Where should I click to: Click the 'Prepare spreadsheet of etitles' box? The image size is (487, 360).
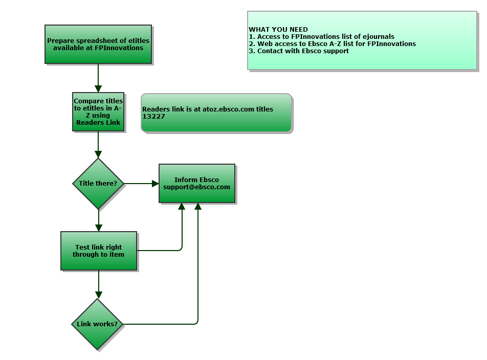coord(98,44)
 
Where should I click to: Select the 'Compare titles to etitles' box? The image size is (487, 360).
coord(98,111)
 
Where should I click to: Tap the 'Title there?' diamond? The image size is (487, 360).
coord(98,183)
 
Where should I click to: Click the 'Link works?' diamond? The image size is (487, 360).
coord(97,324)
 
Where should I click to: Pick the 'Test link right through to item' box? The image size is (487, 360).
coord(99,251)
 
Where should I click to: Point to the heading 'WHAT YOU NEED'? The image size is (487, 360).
coord(278,30)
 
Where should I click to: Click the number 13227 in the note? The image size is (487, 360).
coord(153,117)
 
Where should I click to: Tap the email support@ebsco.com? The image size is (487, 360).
coord(197,187)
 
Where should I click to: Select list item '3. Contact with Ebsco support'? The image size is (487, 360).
coord(299,51)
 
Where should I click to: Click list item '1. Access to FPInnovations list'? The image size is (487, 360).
coord(321,37)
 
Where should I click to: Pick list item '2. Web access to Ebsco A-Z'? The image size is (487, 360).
coord(332,44)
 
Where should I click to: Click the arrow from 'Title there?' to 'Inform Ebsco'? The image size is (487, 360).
coord(141,183)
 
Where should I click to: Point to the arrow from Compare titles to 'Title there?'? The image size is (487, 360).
coord(98,144)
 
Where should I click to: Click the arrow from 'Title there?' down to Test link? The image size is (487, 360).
coord(99,220)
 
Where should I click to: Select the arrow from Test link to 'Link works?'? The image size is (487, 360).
coord(99,284)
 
